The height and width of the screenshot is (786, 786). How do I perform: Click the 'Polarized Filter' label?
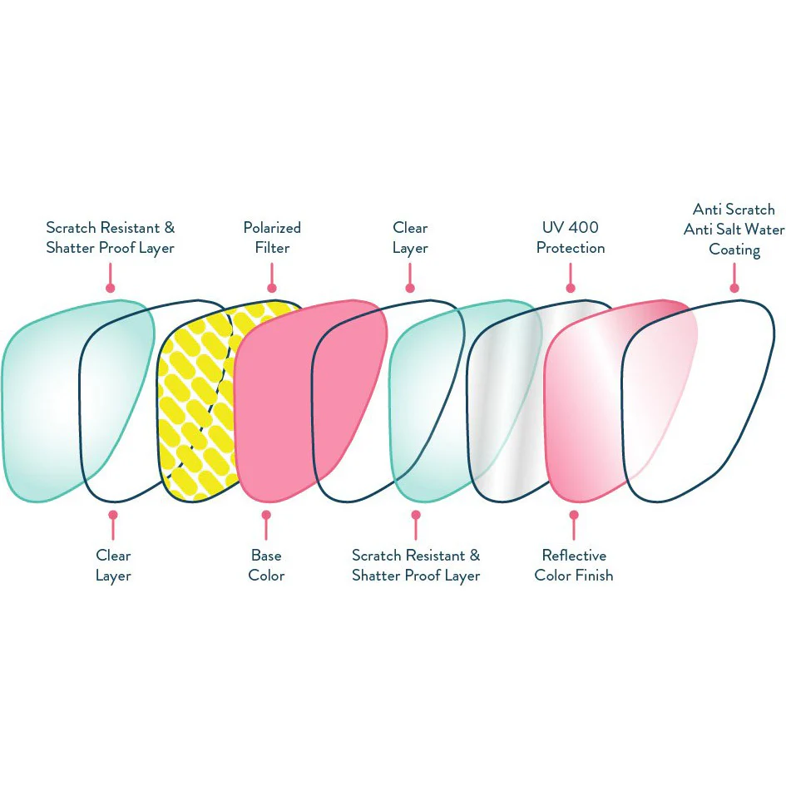tap(272, 238)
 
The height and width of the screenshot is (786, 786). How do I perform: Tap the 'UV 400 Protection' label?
tap(571, 238)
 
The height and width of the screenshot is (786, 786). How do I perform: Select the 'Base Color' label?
tap(266, 566)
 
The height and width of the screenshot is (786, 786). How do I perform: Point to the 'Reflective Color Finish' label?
tap(574, 566)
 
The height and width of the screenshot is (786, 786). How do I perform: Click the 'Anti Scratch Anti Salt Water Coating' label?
tap(734, 230)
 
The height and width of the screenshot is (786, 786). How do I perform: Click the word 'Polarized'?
tap(272, 228)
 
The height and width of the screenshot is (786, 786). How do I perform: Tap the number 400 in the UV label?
tap(584, 227)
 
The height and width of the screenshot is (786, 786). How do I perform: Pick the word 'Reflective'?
tap(574, 556)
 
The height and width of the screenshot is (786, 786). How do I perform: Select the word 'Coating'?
tap(734, 250)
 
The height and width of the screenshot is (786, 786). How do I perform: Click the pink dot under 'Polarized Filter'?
tap(272, 288)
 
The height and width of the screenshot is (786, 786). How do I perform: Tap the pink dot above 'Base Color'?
tap(266, 515)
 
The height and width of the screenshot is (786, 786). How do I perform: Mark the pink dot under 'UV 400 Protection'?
tap(571, 288)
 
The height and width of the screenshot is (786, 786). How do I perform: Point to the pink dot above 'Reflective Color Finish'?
tap(574, 515)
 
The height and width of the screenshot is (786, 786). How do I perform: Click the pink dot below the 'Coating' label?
tap(734, 288)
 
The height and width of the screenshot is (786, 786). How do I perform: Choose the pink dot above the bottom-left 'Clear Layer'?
tap(113, 515)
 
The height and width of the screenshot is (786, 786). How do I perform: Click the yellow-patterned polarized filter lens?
tap(195, 401)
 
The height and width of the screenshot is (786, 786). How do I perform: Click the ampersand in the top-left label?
tap(170, 228)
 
